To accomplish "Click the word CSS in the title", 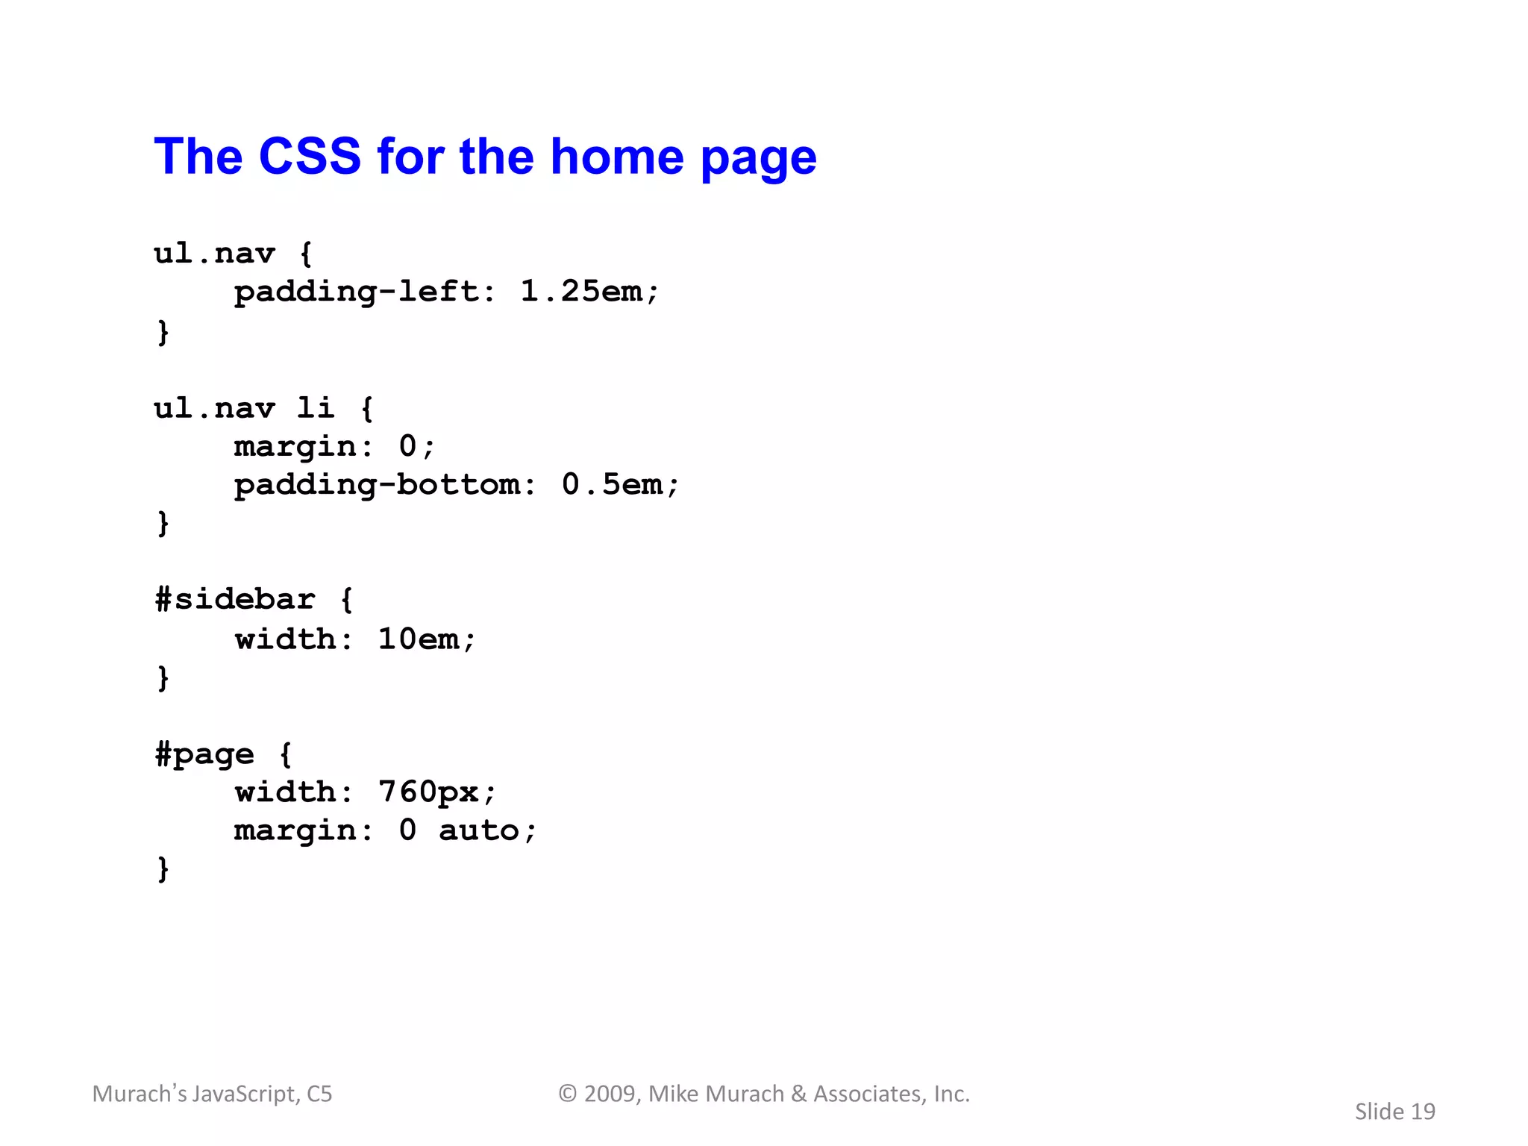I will (310, 157).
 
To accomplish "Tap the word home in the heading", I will (616, 157).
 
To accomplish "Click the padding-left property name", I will (355, 292).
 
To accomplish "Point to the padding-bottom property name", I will (376, 485).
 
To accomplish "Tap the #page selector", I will (204, 755).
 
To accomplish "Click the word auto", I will (478, 830).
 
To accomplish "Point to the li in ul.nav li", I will (315, 408).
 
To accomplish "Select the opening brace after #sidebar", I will (346, 600).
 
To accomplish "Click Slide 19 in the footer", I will (1394, 1112).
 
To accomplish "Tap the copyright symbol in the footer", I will (568, 1094).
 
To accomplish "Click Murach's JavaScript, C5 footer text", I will (212, 1094).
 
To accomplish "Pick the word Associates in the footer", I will (869, 1094).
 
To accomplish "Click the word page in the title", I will (758, 158).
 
